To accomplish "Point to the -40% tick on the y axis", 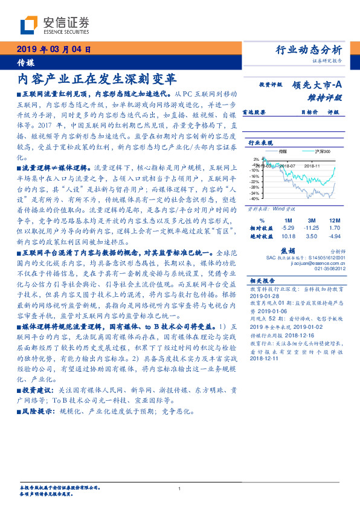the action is [x=256, y=198].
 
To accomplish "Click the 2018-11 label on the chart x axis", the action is [x=312, y=164].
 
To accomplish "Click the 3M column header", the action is [x=312, y=220].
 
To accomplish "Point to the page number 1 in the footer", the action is [x=179, y=489].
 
